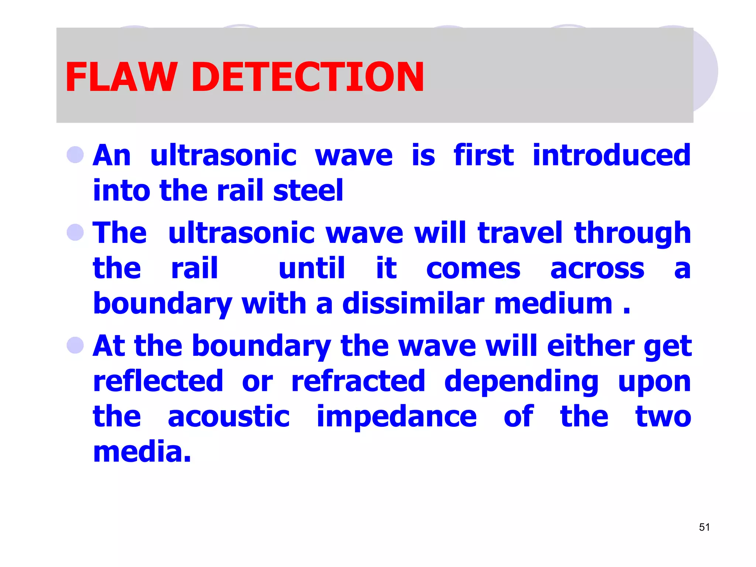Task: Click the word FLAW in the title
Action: [120, 77]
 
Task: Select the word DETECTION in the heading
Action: [307, 77]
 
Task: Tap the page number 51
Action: [704, 527]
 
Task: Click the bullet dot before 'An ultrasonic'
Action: [75, 155]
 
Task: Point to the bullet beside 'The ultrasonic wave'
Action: [75, 232]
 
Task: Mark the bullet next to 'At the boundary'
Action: [75, 345]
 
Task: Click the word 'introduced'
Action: [611, 155]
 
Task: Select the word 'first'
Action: [483, 155]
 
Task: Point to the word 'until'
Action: [312, 268]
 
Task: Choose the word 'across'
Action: [597, 269]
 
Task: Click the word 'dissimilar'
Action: [413, 303]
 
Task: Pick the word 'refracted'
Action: [358, 381]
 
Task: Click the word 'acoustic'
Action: [228, 416]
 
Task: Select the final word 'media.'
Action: [142, 452]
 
